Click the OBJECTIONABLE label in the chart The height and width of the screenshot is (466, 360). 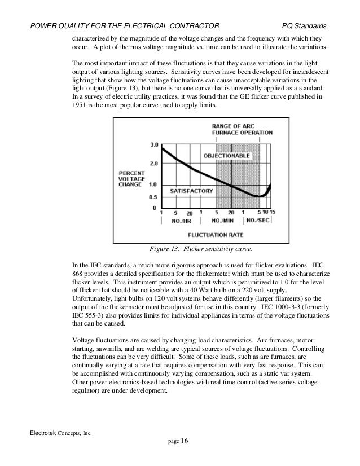click(x=226, y=155)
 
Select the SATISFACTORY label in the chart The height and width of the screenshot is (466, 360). click(x=192, y=191)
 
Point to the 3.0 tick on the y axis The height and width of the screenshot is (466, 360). click(x=153, y=145)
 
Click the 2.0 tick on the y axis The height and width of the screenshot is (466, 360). click(x=153, y=164)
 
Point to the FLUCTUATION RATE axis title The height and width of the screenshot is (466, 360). click(x=216, y=233)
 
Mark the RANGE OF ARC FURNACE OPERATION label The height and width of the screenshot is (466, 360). click(x=242, y=129)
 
